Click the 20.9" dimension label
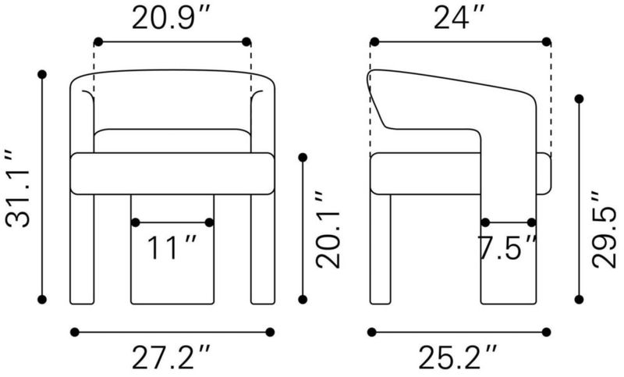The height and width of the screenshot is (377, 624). [x=170, y=18]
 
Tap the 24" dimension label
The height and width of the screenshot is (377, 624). [x=459, y=18]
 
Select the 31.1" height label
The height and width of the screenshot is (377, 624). [x=18, y=188]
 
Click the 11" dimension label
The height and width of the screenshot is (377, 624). [x=172, y=247]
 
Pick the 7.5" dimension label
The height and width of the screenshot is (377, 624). [x=508, y=247]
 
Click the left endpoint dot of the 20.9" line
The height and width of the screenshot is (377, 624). [x=98, y=41]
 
